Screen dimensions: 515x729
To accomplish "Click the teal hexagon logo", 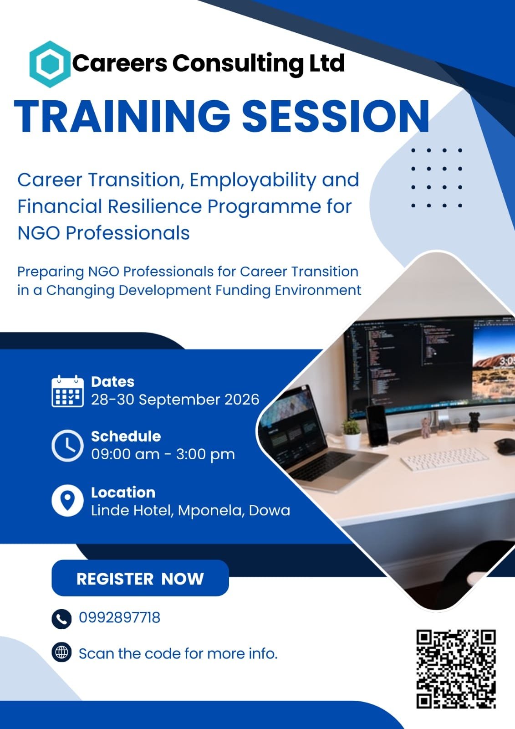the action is pyautogui.click(x=50, y=64).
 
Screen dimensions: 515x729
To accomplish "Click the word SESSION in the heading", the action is pyautogui.click(x=336, y=116).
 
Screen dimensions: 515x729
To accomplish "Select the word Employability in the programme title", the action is pyautogui.click(x=252, y=180).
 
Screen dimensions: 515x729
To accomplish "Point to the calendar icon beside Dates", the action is pyautogui.click(x=67, y=391).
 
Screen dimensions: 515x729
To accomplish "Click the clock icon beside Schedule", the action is pyautogui.click(x=67, y=446).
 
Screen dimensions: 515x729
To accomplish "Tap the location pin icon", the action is pyautogui.click(x=67, y=501).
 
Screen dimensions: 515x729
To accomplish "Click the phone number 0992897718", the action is pyautogui.click(x=119, y=617).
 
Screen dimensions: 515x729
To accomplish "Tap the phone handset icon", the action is pyautogui.click(x=61, y=619).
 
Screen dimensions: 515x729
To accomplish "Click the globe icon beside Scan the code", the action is pyautogui.click(x=61, y=652).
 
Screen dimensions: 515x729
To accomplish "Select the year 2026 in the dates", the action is pyautogui.click(x=242, y=400).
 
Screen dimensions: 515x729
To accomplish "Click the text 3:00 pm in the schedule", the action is pyautogui.click(x=205, y=455).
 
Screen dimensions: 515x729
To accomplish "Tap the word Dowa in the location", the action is pyautogui.click(x=270, y=510).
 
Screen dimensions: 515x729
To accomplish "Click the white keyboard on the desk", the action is pyautogui.click(x=444, y=458).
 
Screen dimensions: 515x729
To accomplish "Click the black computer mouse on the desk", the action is pyautogui.click(x=505, y=447).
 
